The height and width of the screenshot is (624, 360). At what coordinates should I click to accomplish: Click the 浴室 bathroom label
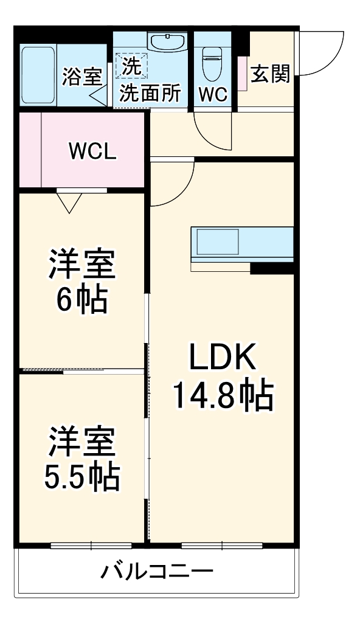[x=83, y=77]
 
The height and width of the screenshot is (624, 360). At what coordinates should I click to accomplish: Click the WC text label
[x=212, y=94]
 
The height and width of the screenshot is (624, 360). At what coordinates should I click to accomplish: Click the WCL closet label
[x=92, y=151]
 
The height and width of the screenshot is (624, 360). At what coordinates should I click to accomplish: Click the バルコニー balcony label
[x=157, y=572]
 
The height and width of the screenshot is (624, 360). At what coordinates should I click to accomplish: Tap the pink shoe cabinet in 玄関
[x=242, y=73]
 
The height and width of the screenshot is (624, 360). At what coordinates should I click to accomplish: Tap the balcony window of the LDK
[x=223, y=545]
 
